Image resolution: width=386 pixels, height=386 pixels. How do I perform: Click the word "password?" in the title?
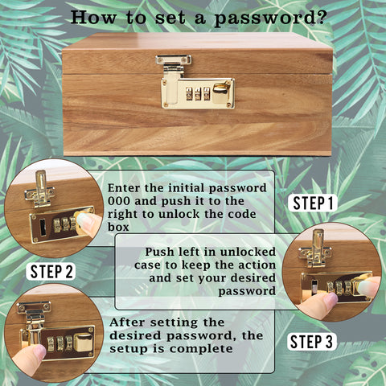270,18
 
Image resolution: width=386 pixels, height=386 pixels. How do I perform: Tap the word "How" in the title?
93,17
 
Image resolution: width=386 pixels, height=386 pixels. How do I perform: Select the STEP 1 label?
313,203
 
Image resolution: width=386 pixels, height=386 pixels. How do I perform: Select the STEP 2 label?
51,271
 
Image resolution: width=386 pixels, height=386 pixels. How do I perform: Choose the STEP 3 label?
312,342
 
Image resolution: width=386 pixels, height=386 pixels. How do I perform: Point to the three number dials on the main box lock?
198,94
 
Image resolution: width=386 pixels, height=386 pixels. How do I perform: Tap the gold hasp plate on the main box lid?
174,60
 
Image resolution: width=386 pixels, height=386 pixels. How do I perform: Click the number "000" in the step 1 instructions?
119,201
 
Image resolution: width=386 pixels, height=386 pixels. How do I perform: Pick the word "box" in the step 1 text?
118,227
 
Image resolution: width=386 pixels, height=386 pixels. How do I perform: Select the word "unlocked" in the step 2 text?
248,252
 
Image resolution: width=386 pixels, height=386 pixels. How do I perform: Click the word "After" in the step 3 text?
127,322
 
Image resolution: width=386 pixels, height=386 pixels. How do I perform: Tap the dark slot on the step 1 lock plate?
43,228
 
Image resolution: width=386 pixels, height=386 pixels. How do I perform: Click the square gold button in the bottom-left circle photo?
84,343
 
